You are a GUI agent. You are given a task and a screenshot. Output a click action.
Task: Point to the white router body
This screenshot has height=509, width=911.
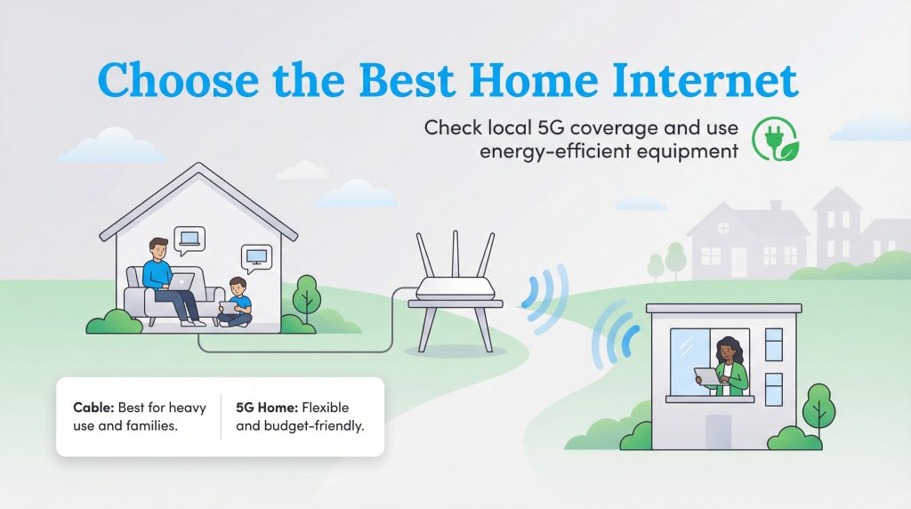tap(455, 288)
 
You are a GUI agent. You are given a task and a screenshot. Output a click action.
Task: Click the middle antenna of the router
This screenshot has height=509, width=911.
tap(455, 254)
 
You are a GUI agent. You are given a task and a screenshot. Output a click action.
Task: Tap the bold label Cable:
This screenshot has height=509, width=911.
tap(93, 408)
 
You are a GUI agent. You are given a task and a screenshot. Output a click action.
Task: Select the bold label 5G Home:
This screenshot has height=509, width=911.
tap(267, 408)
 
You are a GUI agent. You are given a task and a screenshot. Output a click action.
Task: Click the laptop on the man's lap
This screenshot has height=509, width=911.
tap(182, 282)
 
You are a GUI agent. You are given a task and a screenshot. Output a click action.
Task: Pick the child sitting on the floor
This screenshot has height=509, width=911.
tap(236, 303)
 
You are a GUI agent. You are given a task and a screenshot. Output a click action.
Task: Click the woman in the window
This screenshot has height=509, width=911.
tap(728, 365)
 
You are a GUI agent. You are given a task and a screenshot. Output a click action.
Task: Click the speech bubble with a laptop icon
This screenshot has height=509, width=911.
tap(189, 238)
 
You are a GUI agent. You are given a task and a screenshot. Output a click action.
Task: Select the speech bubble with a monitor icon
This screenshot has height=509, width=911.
tap(256, 256)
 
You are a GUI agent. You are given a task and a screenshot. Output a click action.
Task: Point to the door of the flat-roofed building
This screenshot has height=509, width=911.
tap(718, 432)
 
